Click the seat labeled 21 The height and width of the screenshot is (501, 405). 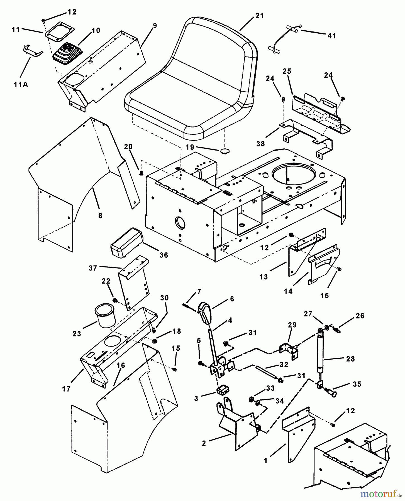tap(192, 83)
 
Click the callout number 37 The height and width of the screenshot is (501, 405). tap(93, 268)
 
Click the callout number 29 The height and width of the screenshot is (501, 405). tap(292, 325)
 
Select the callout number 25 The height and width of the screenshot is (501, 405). tap(287, 71)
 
